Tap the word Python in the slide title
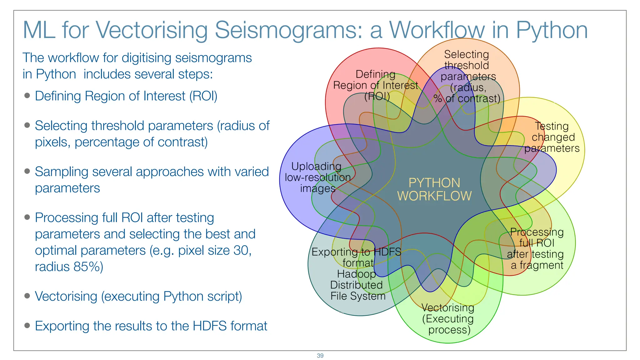coord(552,30)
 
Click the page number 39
coord(320,356)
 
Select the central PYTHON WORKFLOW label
coord(434,189)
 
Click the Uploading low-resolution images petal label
coord(317,177)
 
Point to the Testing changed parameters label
coord(552,137)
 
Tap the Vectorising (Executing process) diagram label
coord(448,319)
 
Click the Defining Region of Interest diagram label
coord(376,85)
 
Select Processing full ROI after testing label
coord(536,249)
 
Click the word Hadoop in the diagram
coord(356,274)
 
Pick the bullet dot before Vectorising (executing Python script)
coord(27,296)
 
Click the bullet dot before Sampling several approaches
coord(27,171)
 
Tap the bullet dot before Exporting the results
coord(27,326)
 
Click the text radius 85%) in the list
coord(69,267)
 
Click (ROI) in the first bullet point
coord(203,96)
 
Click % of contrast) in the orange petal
coord(467,99)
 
